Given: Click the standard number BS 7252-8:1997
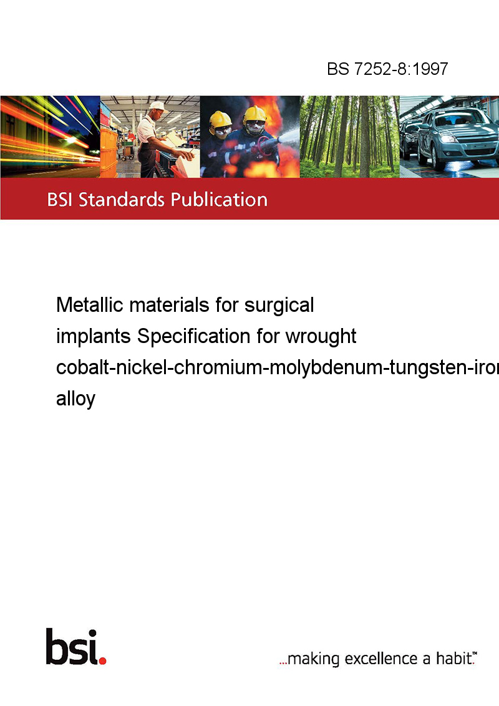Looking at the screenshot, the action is coord(387,69).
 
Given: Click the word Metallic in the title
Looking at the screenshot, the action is coord(90,305).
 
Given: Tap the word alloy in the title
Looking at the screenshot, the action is coord(75,399).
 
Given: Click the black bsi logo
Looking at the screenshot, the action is coord(72,647).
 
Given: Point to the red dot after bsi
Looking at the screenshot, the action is coord(102,660).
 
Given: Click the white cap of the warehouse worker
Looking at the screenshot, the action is coord(158,106).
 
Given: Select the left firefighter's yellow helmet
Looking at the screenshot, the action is coord(220,120).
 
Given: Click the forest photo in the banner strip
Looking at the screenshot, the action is coord(349,137).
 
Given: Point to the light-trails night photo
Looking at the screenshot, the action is coord(50,137).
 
